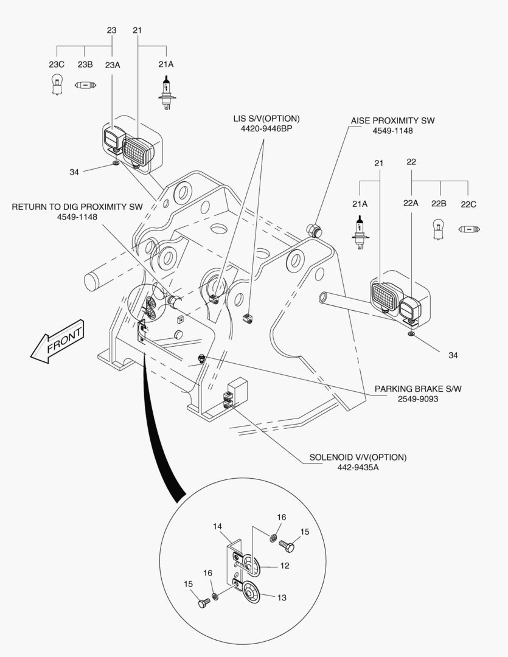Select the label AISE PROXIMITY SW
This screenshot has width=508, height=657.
coord(392,120)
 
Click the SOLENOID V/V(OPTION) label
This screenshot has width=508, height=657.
coord(358,457)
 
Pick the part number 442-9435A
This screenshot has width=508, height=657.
coord(358,467)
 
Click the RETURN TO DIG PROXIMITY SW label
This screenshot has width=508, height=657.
coord(77,207)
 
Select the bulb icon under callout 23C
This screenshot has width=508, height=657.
coord(57,86)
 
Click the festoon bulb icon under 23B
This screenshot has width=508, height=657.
coord(85,86)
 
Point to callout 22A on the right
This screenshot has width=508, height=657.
coord(412,204)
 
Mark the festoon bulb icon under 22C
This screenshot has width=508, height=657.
coord(469,229)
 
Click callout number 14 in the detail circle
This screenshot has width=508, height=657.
coord(218,526)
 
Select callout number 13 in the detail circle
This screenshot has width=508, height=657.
coord(282,597)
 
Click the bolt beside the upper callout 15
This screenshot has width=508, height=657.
coord(287,547)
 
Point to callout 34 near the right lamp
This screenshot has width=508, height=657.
coord(453,355)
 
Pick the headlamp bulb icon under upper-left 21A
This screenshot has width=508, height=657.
coord(165,92)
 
